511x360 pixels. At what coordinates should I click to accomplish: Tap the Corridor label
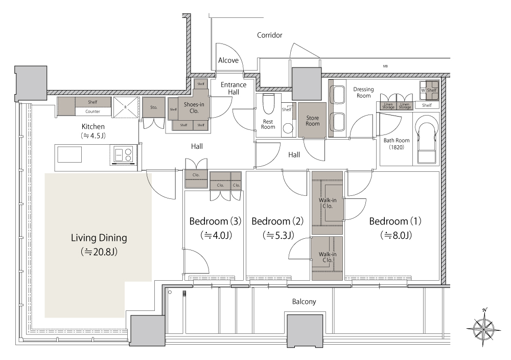coord(269,35)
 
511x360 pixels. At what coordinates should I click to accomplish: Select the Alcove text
coord(228,60)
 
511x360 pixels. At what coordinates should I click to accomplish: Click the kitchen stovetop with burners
coord(124,155)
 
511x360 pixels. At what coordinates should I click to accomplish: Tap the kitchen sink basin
coord(69,154)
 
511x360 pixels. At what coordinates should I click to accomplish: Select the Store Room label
coord(313,121)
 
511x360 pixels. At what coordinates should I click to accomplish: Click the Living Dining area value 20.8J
coord(99,252)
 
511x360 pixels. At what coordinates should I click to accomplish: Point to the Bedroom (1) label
coord(395,221)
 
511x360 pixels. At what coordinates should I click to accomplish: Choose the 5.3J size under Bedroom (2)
coord(278,235)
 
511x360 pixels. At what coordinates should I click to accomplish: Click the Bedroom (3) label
coord(215,221)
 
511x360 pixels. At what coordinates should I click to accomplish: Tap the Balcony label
coord(304,302)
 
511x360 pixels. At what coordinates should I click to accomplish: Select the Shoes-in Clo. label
coord(194,107)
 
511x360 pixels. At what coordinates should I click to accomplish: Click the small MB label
coord(385,66)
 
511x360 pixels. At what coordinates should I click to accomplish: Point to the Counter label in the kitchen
coord(92,111)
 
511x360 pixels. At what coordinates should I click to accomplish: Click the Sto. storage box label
coord(154,107)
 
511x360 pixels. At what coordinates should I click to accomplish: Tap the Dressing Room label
coord(363,92)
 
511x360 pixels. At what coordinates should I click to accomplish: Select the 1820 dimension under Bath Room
coord(397,147)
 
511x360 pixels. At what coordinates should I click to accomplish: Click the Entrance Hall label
coord(234,88)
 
